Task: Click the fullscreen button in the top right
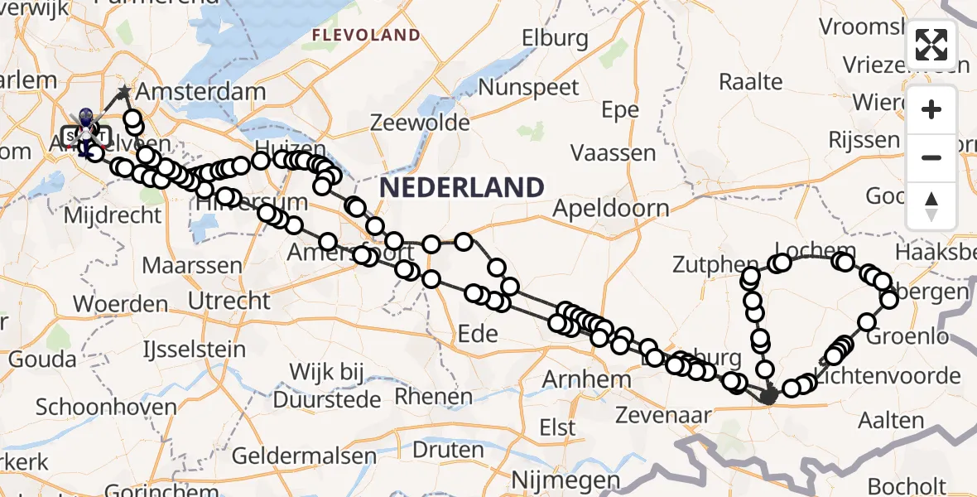[x=931, y=45]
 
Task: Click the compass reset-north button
[x=931, y=206]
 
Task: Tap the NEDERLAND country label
[x=462, y=187]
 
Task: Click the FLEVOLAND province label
[x=366, y=35]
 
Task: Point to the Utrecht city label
[x=229, y=300]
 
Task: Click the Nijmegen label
[x=566, y=480]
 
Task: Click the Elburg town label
[x=555, y=38]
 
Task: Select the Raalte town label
[x=750, y=81]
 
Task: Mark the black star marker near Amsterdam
[x=124, y=91]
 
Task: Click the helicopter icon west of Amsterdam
[x=85, y=133]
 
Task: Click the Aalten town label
[x=891, y=420]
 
